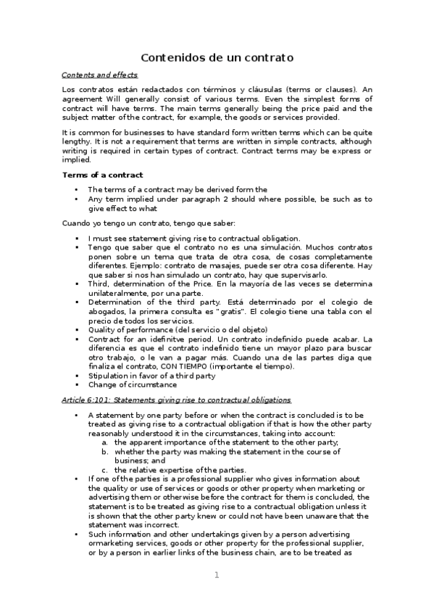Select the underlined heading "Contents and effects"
(x=99, y=75)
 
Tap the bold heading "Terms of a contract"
(x=102, y=175)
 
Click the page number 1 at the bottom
(x=216, y=574)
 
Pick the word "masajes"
(x=206, y=265)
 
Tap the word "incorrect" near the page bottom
(x=157, y=524)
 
